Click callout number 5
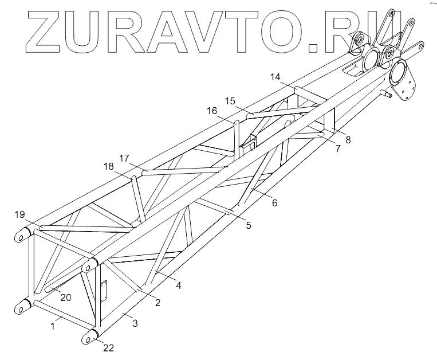[248, 225]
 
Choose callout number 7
[337, 148]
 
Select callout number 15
[230, 101]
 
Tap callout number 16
[212, 111]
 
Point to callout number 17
[124, 157]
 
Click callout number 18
[108, 167]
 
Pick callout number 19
[20, 215]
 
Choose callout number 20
[66, 297]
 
